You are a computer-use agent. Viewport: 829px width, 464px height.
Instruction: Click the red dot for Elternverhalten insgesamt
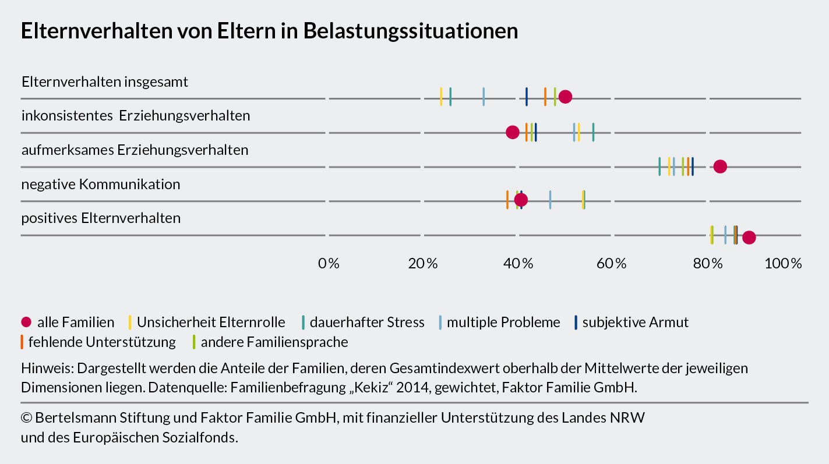[x=565, y=97]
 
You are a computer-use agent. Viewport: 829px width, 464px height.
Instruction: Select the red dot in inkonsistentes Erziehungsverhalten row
[x=512, y=132]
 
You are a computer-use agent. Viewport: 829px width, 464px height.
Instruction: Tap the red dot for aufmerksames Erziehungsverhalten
[x=720, y=167]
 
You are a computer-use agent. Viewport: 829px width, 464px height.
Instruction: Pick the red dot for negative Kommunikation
[x=521, y=200]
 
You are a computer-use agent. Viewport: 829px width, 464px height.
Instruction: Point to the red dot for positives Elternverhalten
[x=749, y=238]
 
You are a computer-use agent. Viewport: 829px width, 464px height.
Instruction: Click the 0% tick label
[x=329, y=264]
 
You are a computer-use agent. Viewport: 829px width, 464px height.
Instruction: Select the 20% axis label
[x=422, y=264]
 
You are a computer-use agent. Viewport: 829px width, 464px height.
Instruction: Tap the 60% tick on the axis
[x=611, y=264]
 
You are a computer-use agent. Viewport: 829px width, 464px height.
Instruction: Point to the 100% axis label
[x=783, y=264]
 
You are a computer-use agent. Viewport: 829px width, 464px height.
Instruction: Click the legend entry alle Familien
[x=68, y=323]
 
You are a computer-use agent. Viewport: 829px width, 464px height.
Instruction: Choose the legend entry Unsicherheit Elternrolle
[x=206, y=323]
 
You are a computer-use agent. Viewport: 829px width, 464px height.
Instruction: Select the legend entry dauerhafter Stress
[x=363, y=323]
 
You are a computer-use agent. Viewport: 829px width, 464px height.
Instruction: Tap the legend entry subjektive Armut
[x=631, y=323]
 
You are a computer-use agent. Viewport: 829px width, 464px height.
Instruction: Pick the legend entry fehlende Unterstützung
[x=98, y=342]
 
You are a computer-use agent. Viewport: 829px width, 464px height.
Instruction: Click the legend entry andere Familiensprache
[x=270, y=342]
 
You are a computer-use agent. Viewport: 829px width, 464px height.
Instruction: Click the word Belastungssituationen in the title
[x=411, y=31]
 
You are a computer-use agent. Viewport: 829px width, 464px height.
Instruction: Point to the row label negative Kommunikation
[x=101, y=184]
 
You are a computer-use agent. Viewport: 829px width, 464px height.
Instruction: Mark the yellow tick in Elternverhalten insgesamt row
[x=441, y=97]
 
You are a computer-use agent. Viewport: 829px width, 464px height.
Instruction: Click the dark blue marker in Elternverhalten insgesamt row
[x=527, y=97]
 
